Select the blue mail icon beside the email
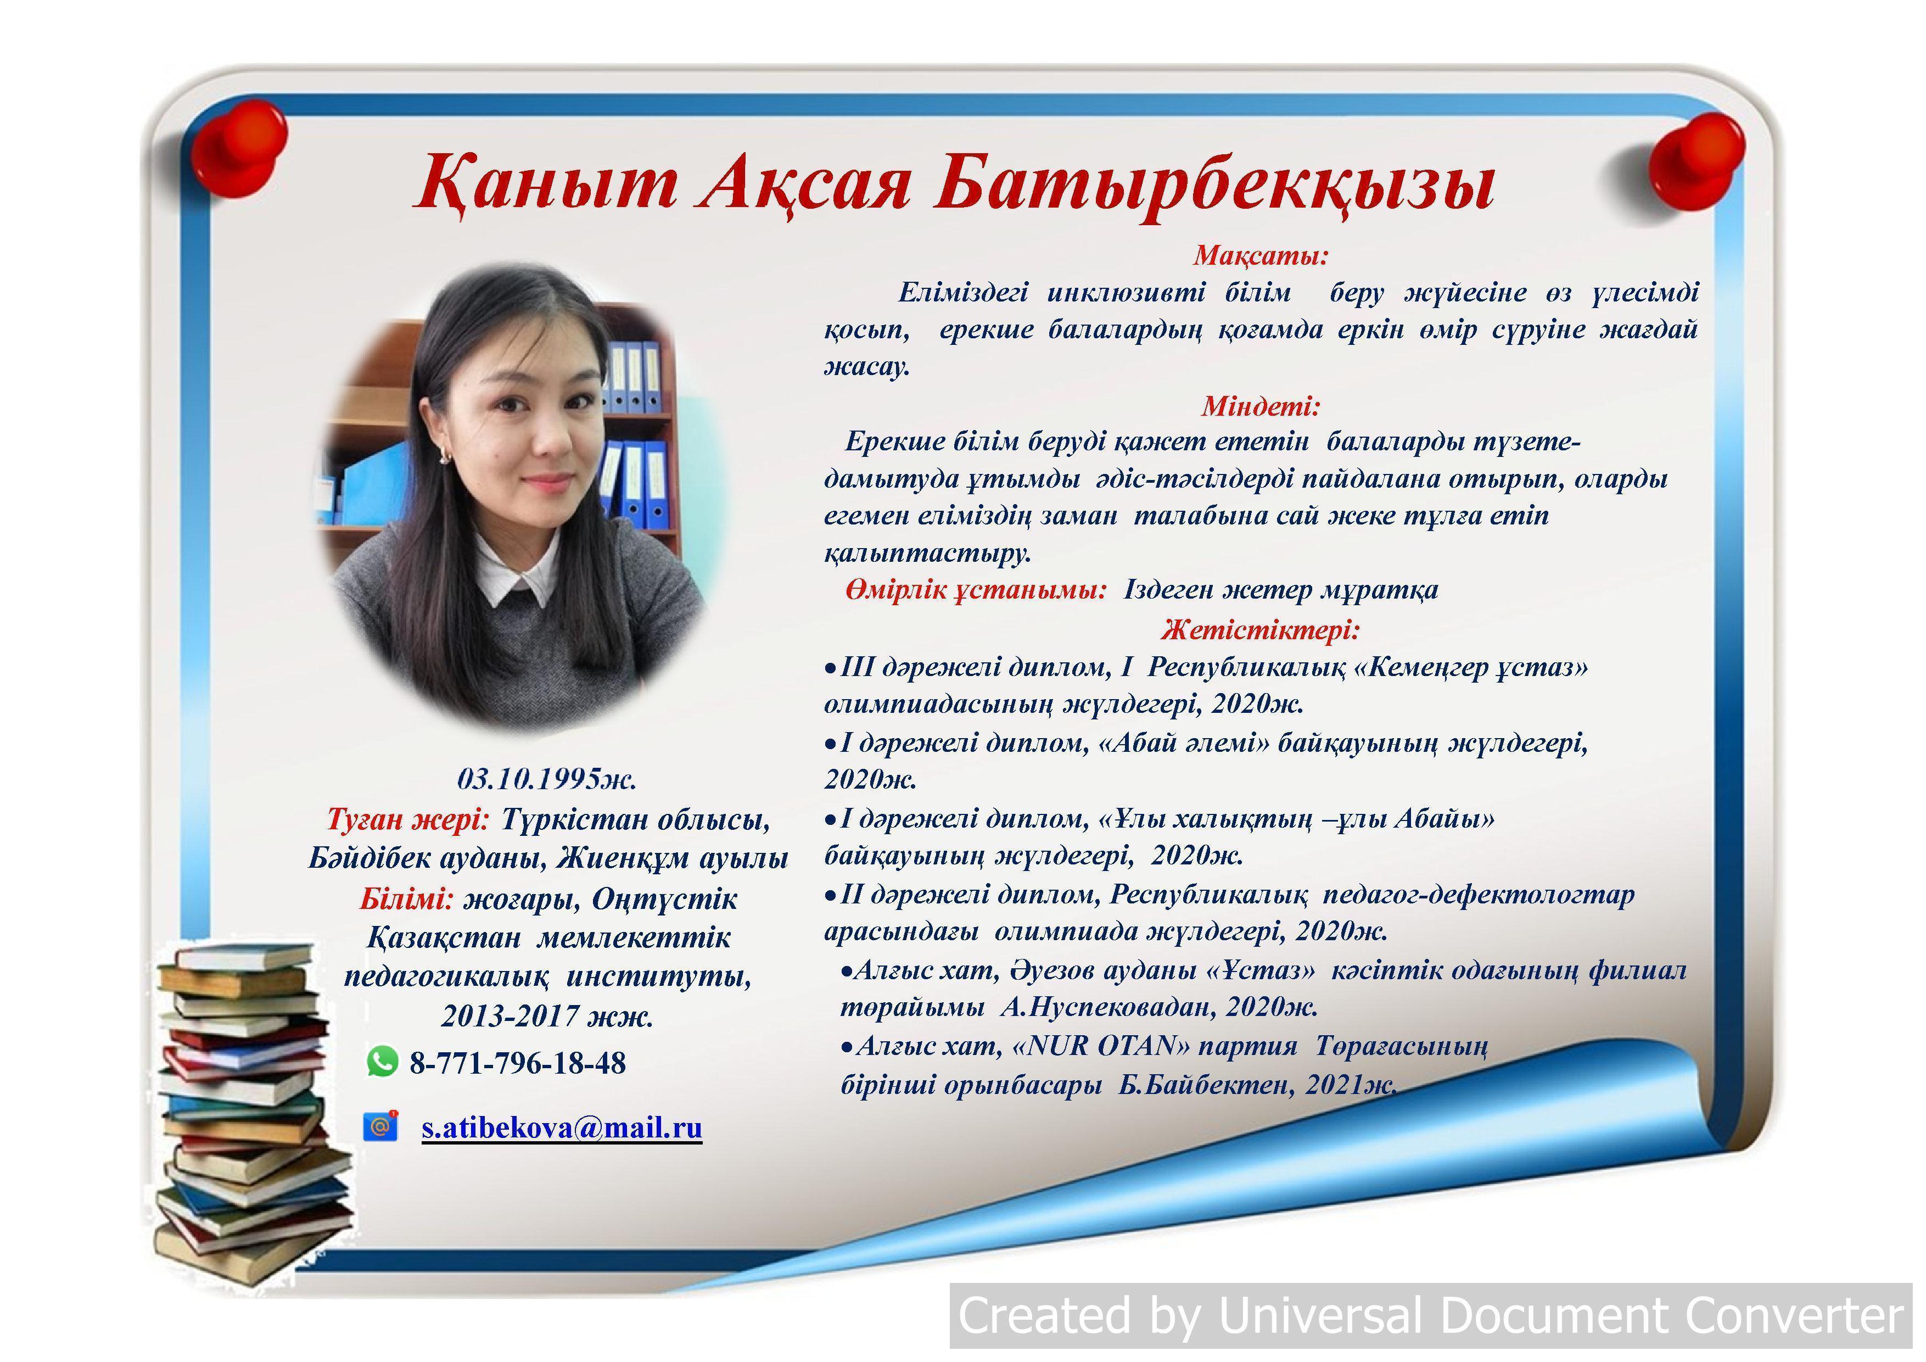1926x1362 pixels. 380,1125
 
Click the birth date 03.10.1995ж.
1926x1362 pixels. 547,779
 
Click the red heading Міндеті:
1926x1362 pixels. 1261,406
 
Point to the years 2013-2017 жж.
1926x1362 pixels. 547,1016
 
